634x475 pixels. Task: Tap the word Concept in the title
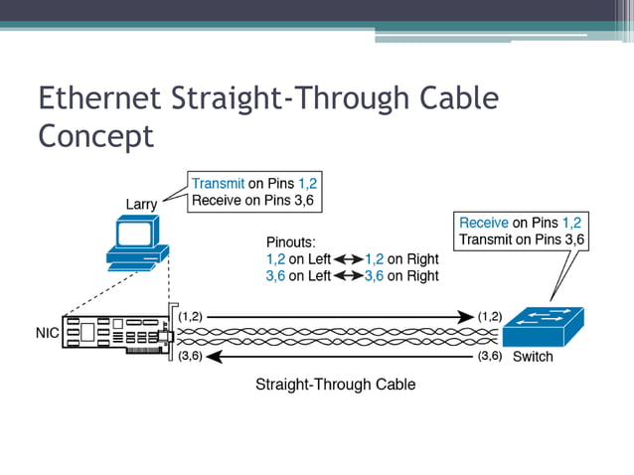pos(95,135)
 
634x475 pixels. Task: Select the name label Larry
pos(142,204)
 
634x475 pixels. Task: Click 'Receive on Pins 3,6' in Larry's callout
pos(256,201)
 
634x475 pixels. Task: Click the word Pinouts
pos(291,241)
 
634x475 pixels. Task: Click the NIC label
pos(47,333)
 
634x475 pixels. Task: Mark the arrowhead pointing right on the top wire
pos(466,317)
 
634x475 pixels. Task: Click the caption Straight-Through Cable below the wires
pos(335,384)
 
